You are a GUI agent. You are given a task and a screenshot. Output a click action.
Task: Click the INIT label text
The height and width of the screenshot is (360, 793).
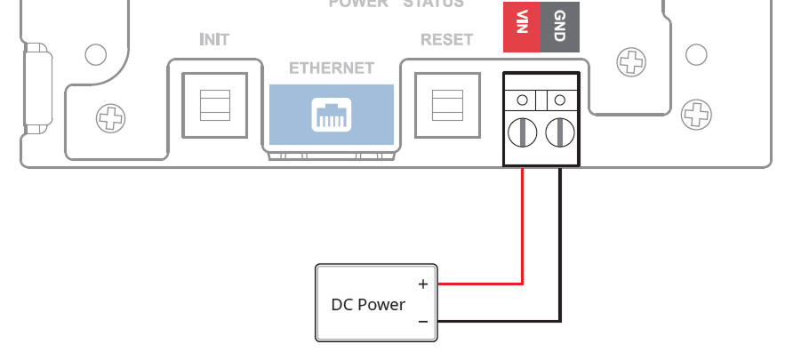[214, 40]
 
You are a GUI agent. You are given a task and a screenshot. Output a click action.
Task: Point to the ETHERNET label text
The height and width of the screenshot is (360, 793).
[332, 68]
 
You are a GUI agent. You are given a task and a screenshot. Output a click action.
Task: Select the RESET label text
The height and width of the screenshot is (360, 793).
[446, 40]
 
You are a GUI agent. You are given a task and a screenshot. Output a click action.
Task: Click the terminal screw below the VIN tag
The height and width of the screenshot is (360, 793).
[523, 133]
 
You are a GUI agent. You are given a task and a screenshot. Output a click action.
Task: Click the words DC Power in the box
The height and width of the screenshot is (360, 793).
[368, 305]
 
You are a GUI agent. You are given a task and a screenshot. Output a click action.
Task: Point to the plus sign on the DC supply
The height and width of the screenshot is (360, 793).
[423, 284]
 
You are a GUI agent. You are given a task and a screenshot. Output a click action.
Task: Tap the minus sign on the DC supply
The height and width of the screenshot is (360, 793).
[423, 321]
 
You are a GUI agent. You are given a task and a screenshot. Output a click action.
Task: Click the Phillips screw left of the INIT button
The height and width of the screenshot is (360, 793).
[111, 116]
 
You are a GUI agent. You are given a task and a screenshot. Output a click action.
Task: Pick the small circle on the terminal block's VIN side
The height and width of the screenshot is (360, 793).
[523, 99]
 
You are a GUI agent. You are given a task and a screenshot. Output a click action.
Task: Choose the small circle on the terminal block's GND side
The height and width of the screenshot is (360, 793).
[560, 99]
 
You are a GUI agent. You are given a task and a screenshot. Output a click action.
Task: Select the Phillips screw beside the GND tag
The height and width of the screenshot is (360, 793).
[631, 61]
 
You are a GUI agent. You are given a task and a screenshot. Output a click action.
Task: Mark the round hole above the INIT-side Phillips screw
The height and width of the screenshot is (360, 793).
[95, 54]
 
